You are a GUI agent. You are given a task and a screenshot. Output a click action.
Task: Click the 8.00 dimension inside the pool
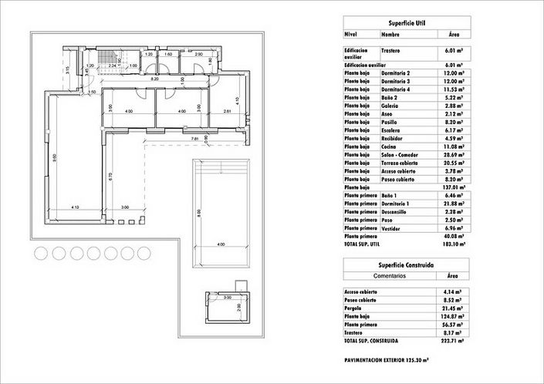199,214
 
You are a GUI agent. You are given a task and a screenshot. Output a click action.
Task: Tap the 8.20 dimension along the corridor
154,79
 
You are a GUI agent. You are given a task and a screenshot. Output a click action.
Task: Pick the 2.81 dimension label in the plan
227,113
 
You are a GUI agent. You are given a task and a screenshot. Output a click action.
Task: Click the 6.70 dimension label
112,176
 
